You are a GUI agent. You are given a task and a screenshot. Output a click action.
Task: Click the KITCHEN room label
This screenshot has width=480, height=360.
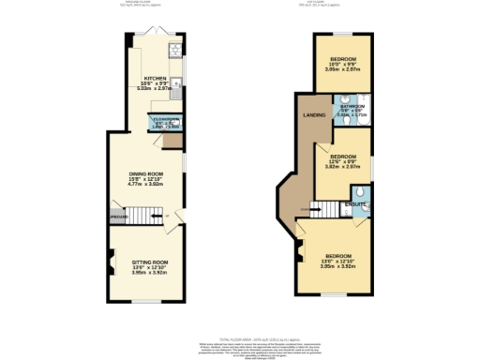(x=155, y=79)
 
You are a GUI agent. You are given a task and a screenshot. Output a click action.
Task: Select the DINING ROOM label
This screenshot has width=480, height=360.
(x=146, y=174)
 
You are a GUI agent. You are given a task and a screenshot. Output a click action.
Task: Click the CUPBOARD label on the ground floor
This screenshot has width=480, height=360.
(x=116, y=217)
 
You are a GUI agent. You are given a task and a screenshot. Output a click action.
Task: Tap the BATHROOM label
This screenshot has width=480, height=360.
(x=352, y=107)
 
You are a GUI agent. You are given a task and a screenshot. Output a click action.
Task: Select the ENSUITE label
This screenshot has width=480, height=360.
(x=354, y=202)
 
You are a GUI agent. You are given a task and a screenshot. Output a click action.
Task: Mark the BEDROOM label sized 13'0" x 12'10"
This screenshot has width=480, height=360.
(x=337, y=256)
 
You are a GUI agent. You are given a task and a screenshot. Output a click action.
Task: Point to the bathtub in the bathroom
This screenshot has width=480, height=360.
(x=363, y=110)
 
